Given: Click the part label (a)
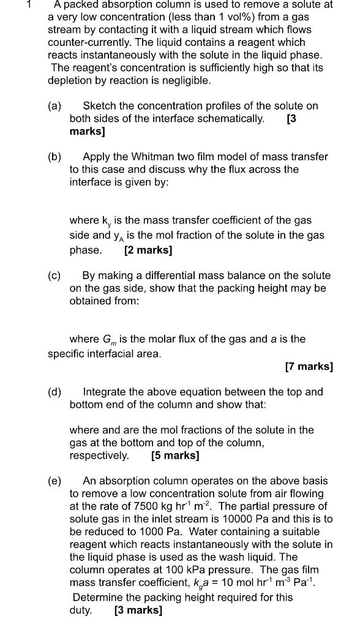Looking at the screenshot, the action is pos(54,105).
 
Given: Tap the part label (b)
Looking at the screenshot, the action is pos(54,157).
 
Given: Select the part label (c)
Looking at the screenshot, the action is pos(54,276).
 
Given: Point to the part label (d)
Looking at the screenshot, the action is pos(54,391).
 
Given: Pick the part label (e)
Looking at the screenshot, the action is pos(54,481).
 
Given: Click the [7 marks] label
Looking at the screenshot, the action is pos(309,367).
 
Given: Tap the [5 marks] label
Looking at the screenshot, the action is pos(174,456).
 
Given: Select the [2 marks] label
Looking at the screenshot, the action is pos(148,250).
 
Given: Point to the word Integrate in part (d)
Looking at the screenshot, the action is pos(107,391).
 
